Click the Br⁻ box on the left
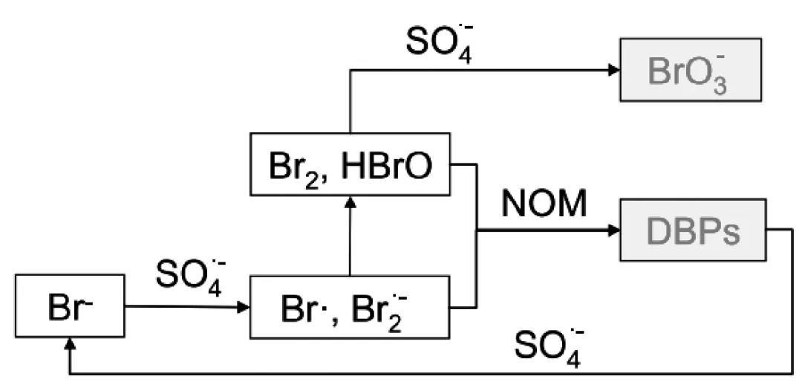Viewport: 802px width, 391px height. (70, 306)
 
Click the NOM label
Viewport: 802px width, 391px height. (544, 204)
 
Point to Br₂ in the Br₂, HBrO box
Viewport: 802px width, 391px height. (290, 167)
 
